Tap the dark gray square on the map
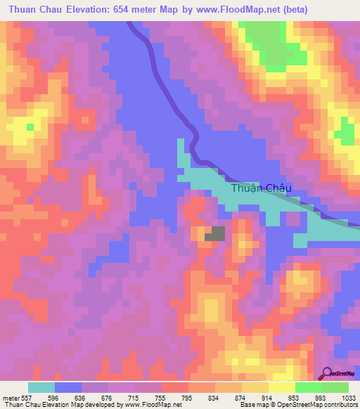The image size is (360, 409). point(214,234)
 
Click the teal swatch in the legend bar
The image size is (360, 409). point(41,387)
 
